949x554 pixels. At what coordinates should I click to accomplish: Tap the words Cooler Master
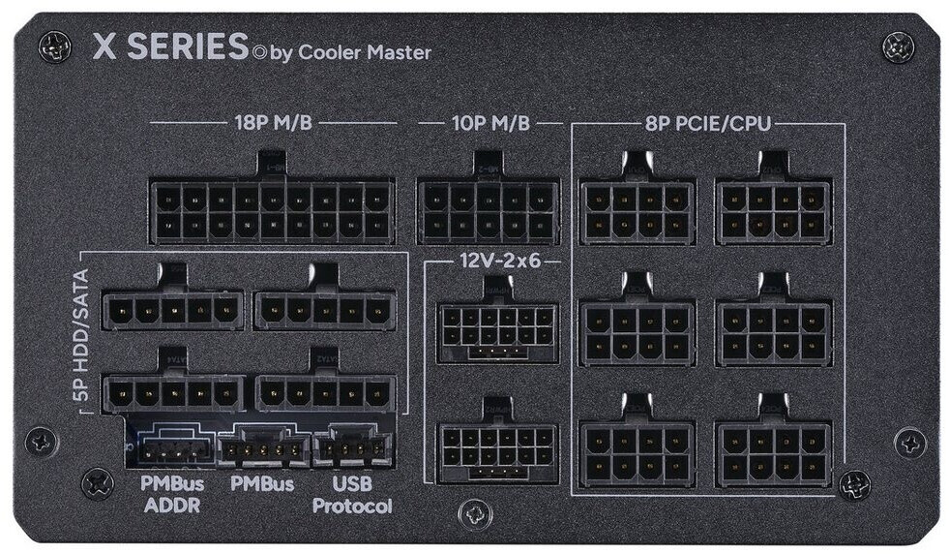363,52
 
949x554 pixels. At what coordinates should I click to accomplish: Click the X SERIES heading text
170,47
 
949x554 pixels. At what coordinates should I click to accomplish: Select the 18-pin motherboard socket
272,210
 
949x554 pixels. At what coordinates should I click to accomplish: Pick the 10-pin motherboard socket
489,210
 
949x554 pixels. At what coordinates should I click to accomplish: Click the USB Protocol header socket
352,449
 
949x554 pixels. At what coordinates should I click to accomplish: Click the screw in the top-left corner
52,45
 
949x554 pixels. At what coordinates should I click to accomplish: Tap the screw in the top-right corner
897,45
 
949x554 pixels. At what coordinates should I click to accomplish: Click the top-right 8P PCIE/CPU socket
774,211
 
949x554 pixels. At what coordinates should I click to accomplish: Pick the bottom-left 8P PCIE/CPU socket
638,452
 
